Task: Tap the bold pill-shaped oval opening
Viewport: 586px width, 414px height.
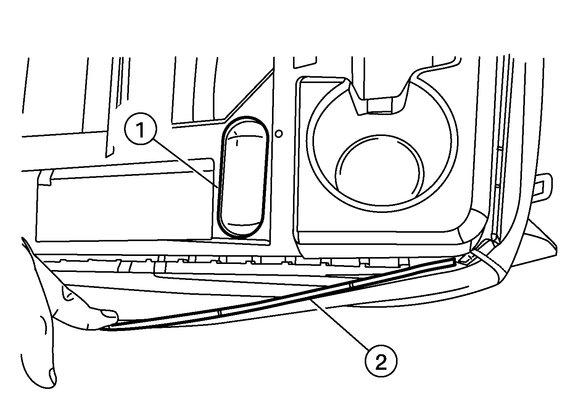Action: (243, 177)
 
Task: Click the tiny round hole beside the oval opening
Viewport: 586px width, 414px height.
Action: (279, 134)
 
